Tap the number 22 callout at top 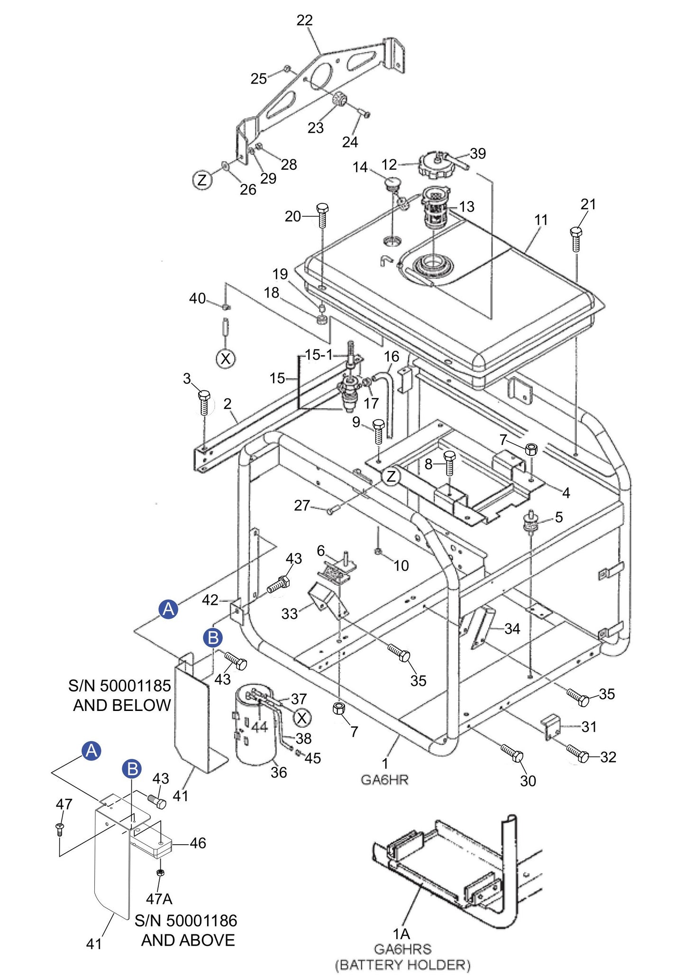click(305, 20)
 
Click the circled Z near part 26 click(202, 181)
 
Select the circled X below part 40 click(226, 359)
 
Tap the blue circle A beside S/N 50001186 click(91, 750)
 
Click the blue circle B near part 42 click(213, 637)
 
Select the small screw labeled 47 click(60, 829)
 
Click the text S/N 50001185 click(119, 685)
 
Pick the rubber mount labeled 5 click(530, 523)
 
